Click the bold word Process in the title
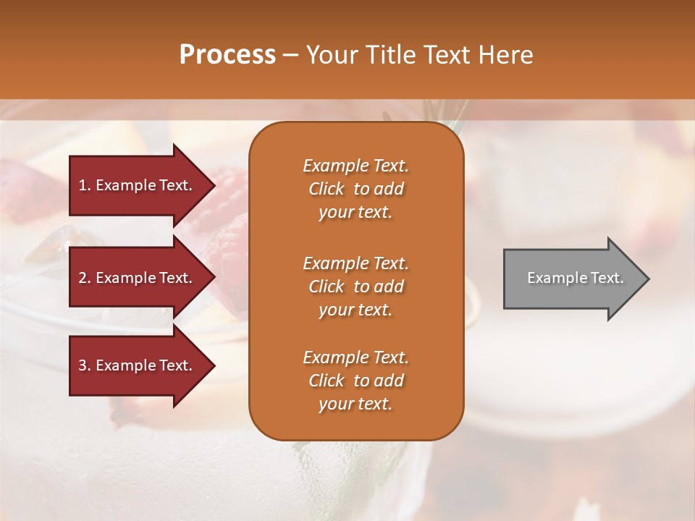[227, 55]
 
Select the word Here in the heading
[506, 55]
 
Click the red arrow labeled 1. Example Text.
[138, 185]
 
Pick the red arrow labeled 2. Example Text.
[138, 278]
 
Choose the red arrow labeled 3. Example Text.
[138, 365]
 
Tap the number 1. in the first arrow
[85, 185]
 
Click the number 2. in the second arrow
[85, 278]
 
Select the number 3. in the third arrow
[85, 365]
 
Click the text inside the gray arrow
[575, 278]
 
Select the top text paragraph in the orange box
[355, 189]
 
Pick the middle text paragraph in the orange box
[355, 286]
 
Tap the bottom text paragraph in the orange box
[355, 381]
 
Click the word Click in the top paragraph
[327, 189]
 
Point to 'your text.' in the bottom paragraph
[355, 404]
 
